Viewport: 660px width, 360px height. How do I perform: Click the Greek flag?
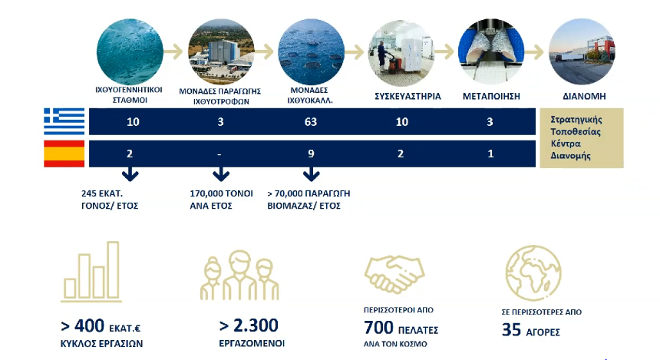64,121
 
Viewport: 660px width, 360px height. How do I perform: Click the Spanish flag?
64,154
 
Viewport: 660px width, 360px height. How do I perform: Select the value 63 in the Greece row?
311,122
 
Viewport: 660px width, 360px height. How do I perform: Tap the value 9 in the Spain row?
311,154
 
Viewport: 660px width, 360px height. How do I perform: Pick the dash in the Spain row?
219,154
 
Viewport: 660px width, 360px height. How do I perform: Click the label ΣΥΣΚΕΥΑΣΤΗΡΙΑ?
408,96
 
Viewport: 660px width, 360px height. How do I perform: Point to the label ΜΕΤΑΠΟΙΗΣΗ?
491,96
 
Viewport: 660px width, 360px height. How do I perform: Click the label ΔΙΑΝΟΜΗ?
584,96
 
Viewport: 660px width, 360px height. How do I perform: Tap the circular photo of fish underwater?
130,51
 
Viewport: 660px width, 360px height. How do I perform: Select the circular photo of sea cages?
311,51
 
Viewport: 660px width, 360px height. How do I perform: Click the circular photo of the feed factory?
221,51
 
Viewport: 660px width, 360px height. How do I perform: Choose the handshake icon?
394,274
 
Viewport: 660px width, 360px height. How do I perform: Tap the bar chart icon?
91,272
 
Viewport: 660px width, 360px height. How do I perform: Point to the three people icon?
239,276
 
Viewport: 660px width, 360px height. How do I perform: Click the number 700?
378,328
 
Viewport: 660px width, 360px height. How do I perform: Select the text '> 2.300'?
249,325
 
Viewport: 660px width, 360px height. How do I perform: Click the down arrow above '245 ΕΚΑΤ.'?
130,174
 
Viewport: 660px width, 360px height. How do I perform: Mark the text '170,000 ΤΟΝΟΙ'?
221,193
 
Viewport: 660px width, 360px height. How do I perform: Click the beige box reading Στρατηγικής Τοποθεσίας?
581,138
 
